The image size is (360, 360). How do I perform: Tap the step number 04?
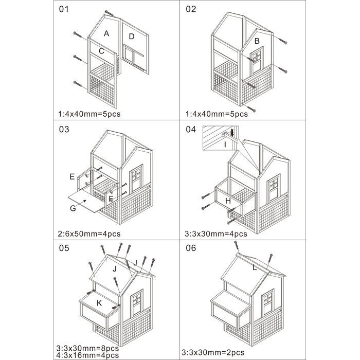tap(191, 129)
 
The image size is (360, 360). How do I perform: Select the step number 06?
tap(191, 247)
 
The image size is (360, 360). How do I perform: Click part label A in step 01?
tap(106, 33)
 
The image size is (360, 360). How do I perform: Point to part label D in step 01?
tap(132, 36)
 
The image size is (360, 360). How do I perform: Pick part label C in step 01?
tap(102, 51)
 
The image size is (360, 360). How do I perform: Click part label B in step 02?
tap(257, 40)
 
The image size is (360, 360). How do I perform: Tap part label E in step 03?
tap(72, 176)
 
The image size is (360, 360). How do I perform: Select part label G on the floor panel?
tap(73, 208)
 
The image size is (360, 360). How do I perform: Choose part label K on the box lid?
tap(99, 303)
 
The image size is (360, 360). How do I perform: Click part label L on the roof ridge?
tap(254, 267)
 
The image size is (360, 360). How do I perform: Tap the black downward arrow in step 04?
tap(232, 133)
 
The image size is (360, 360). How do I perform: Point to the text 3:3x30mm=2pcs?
tap(213, 353)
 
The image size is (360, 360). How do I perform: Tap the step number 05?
tap(64, 247)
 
